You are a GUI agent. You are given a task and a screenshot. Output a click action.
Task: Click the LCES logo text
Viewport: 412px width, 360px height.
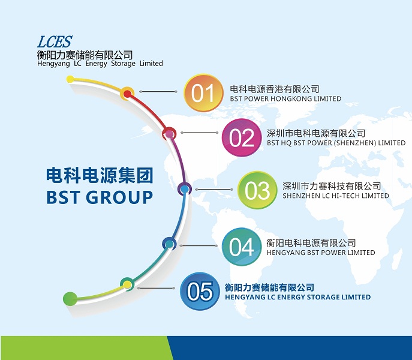point(55,42)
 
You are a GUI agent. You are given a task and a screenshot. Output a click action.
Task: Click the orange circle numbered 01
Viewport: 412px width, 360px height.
point(203,93)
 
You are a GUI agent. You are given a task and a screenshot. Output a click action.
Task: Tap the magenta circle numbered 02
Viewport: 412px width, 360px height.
point(242,137)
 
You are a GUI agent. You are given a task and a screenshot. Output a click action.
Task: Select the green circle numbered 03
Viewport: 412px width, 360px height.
point(257,190)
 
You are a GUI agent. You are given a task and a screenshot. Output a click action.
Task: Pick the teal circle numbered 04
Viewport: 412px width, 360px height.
point(242,247)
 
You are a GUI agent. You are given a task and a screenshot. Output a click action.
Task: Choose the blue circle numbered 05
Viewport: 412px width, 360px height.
point(200,291)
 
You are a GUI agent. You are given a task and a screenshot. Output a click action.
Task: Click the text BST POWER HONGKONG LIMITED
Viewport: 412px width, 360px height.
point(285,98)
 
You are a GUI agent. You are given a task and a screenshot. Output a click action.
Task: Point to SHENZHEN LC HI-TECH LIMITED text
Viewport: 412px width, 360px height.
point(336,196)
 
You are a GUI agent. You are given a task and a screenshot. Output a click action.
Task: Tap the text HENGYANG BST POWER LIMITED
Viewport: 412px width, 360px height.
point(321,253)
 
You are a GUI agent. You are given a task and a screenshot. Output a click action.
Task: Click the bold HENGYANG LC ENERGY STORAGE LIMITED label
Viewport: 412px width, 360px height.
point(297,297)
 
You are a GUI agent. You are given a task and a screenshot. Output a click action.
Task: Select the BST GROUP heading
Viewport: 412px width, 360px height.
point(100,197)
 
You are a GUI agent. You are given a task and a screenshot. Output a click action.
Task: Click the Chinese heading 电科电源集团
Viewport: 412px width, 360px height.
point(100,176)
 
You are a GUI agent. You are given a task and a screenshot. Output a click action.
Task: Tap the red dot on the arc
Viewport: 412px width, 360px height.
point(127,94)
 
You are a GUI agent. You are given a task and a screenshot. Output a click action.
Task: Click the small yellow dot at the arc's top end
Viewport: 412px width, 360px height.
point(70,79)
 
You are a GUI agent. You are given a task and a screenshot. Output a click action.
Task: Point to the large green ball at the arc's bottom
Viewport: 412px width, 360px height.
point(70,299)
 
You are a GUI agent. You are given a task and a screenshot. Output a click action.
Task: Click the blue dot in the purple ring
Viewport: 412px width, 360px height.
point(185,189)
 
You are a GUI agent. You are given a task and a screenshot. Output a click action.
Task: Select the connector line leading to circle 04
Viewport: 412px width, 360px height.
point(199,245)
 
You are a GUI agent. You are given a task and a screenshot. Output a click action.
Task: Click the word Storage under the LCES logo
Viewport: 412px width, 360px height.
point(123,64)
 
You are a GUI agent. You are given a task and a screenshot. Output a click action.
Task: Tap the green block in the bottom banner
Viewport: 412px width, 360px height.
point(87,348)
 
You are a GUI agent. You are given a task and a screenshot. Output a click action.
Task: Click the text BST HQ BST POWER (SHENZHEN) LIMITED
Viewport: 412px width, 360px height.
point(336,143)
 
